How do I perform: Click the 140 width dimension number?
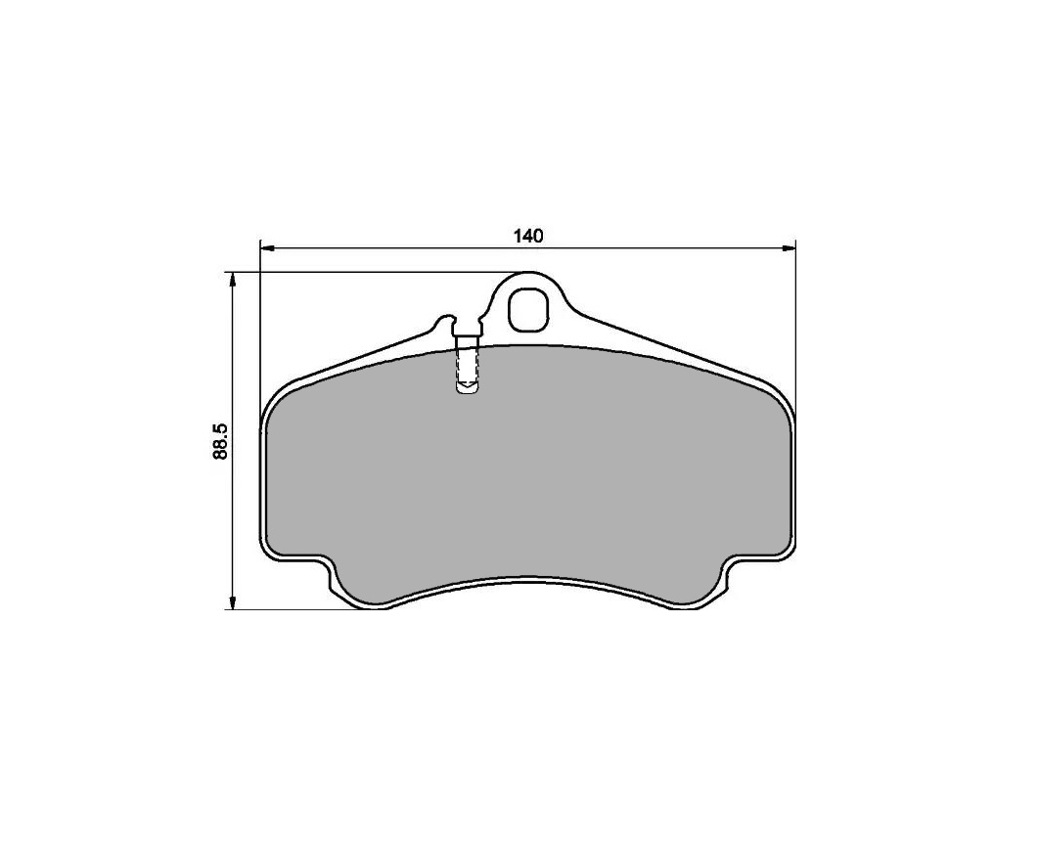point(528,236)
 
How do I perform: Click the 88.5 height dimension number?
point(221,441)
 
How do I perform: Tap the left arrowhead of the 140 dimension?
point(266,248)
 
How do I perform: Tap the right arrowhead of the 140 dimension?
point(789,248)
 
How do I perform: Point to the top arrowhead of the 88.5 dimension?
point(232,280)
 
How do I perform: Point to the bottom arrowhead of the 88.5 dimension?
point(232,601)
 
